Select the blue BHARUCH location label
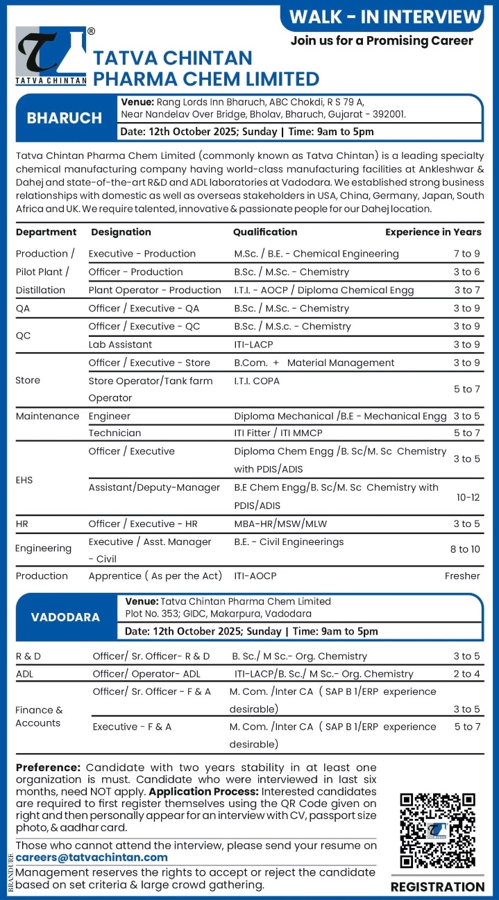point(65,118)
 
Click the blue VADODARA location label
point(65,616)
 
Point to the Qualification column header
point(265,232)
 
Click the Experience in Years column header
point(433,232)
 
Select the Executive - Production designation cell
point(142,254)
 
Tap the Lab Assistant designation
point(120,345)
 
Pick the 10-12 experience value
point(467,497)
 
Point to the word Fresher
point(462,576)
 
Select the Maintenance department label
point(47,416)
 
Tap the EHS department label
point(24,480)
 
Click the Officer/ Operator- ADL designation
point(146,673)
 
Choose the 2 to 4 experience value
point(467,673)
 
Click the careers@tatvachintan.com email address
point(92,857)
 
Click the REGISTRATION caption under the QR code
point(437,887)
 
